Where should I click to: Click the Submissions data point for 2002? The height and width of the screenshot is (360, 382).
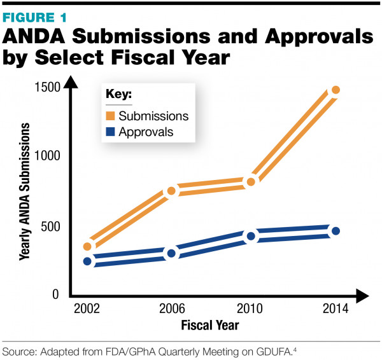[x=87, y=247]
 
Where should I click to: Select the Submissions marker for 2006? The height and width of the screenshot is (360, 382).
[x=171, y=191]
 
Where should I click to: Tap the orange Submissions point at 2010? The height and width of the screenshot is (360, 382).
[x=251, y=182]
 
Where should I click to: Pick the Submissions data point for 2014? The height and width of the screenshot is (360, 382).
[x=336, y=90]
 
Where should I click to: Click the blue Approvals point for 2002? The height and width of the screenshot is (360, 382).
[x=87, y=261]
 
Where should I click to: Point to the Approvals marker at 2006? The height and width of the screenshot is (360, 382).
[x=171, y=254]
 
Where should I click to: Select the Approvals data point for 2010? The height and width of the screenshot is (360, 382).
[x=251, y=237]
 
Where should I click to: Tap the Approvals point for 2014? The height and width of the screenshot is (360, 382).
[x=336, y=231]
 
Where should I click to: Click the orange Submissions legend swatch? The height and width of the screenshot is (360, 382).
[x=111, y=116]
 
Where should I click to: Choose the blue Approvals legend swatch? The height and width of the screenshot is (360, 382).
[x=111, y=132]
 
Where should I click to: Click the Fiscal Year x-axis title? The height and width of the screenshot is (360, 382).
[x=209, y=326]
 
